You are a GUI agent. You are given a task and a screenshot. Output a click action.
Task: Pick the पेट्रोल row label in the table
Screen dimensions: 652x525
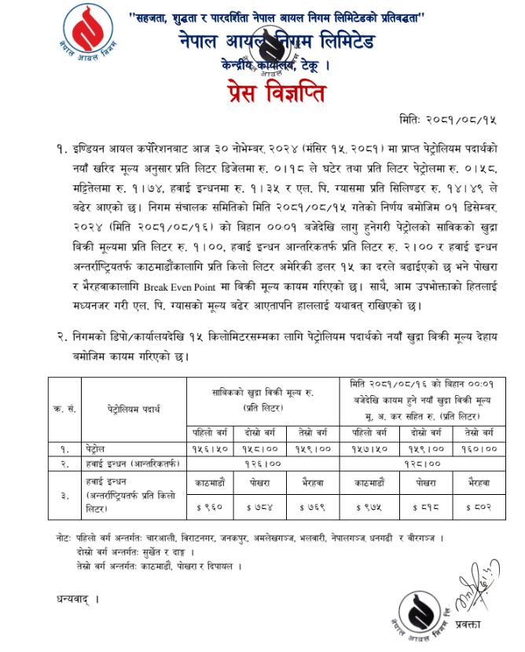click(101, 449)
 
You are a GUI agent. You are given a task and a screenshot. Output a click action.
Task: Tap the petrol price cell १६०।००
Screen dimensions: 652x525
click(479, 449)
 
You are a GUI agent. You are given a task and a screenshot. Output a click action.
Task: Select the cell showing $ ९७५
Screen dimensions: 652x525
click(371, 507)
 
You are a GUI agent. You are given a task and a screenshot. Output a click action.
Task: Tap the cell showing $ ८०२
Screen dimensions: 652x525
click(479, 507)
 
